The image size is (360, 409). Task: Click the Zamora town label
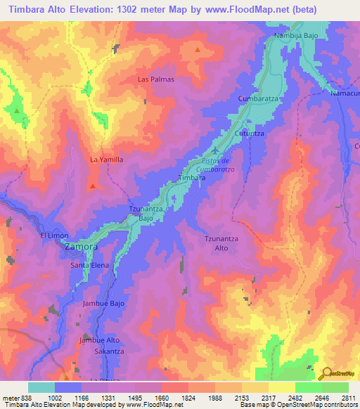pos(81,247)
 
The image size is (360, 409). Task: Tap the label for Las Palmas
pos(155,79)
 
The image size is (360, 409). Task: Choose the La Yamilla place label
pos(106,160)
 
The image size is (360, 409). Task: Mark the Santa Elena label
pos(89,266)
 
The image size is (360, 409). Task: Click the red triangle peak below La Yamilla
pos(93,186)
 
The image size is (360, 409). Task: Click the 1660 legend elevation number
pos(172,398)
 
